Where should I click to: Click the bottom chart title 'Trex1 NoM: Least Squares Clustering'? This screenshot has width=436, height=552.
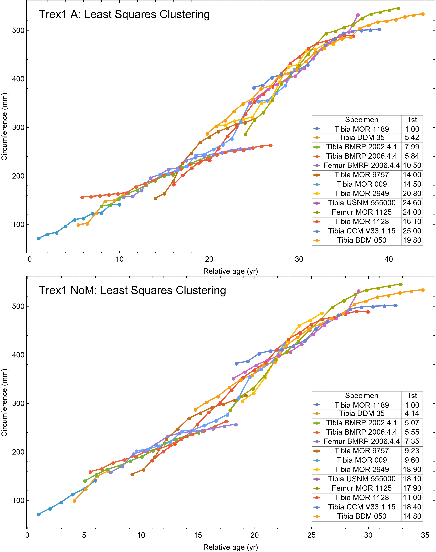click(x=132, y=290)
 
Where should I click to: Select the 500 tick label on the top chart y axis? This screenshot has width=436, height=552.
click(x=18, y=30)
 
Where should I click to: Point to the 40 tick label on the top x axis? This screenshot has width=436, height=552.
click(x=388, y=259)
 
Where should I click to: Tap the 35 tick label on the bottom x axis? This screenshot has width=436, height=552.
click(x=425, y=535)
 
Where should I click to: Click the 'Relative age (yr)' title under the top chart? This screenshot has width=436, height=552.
click(x=230, y=271)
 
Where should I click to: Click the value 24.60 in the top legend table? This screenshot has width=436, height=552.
click(x=412, y=203)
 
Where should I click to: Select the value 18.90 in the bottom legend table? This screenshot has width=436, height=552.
click(x=412, y=469)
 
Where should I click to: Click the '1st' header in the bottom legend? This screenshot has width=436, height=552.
click(x=412, y=396)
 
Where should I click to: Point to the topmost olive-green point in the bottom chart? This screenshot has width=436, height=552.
click(x=401, y=284)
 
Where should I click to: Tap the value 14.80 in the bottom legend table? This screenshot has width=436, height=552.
click(x=412, y=516)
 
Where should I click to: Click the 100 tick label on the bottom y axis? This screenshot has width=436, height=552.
click(x=18, y=500)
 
